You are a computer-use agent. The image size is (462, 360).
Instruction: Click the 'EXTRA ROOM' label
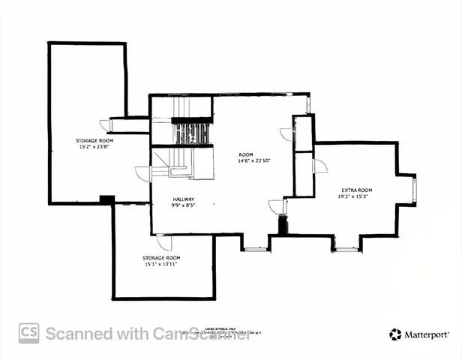click(x=356, y=190)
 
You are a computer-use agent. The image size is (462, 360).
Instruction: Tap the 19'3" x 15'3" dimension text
click(x=356, y=196)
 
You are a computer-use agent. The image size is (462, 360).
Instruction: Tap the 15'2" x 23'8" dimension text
click(x=94, y=147)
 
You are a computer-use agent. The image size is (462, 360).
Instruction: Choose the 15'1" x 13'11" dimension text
click(x=161, y=264)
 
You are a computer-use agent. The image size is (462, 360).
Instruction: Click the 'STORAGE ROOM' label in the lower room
click(x=161, y=257)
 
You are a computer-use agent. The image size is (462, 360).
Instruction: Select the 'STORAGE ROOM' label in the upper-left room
click(x=94, y=140)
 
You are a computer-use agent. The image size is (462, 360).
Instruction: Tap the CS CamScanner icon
click(x=29, y=333)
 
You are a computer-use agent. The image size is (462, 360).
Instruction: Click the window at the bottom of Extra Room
click(x=346, y=248)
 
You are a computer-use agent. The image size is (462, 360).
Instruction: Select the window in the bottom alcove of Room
click(x=256, y=248)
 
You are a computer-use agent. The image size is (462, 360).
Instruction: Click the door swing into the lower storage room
click(x=163, y=242)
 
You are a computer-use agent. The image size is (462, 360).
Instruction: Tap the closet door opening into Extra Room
click(x=319, y=165)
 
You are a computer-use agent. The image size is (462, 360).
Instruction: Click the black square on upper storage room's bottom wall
click(x=106, y=199)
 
